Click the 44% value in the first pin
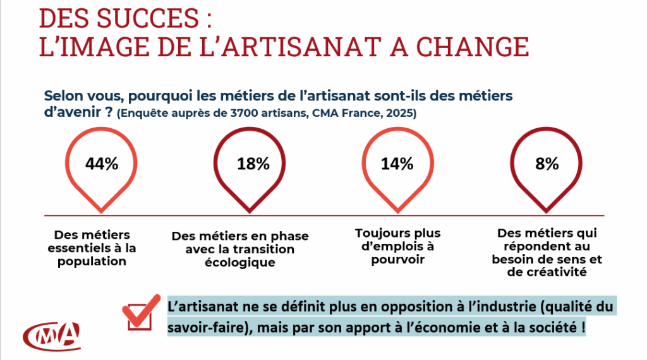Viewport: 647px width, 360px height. pyautogui.click(x=102, y=164)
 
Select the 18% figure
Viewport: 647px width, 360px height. pyautogui.click(x=253, y=164)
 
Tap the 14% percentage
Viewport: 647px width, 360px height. pyautogui.click(x=397, y=164)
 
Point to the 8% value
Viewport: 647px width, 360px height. pyautogui.click(x=547, y=164)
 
